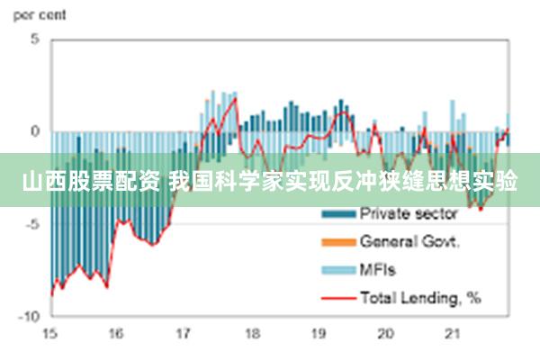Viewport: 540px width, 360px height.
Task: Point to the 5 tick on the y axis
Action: coord(35,39)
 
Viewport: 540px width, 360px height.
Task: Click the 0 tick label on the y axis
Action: coord(35,131)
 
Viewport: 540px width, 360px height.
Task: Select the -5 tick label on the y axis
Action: coord(32,224)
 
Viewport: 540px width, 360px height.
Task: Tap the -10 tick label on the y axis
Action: coord(30,317)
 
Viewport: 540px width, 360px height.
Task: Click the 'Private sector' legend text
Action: coord(409,214)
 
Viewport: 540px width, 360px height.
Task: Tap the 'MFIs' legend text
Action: coord(378,268)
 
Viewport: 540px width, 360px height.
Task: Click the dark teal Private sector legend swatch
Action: coord(337,215)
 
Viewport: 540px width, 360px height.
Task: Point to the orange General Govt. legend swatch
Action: coord(337,242)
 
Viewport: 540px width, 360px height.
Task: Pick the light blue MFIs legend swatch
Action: coord(337,269)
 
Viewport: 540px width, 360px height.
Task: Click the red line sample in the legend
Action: coord(337,296)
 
